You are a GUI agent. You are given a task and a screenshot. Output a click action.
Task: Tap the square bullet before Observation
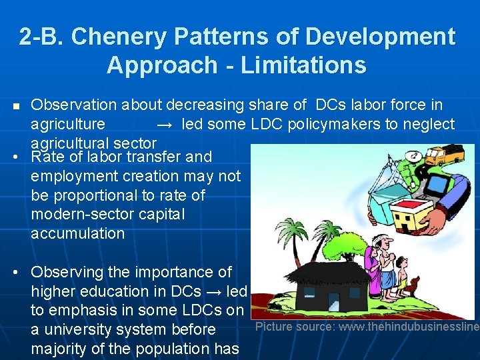click(17, 106)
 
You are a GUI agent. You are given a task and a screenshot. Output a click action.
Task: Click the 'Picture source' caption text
click(367, 327)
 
